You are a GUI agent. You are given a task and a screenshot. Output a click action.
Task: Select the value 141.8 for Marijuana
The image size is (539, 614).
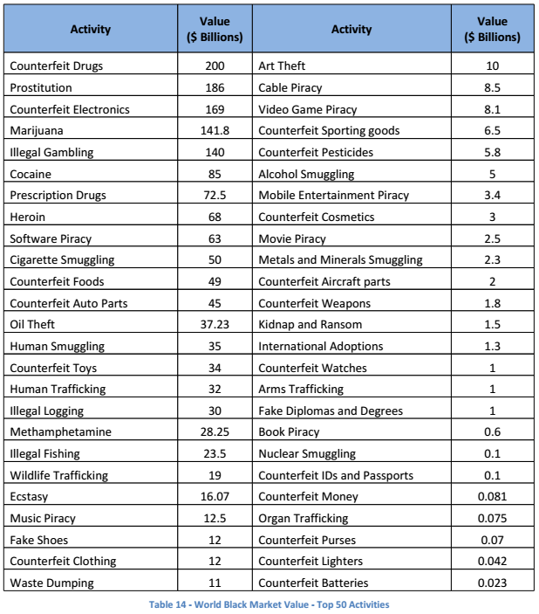coord(215,131)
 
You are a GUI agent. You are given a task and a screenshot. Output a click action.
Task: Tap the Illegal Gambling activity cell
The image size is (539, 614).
coord(51,152)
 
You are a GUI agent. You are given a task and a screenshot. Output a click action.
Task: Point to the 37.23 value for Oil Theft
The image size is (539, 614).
coord(215,325)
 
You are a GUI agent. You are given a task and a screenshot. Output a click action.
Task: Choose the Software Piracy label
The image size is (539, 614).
coord(51,238)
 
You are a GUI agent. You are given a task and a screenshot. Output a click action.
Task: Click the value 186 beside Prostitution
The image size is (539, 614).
coord(215,88)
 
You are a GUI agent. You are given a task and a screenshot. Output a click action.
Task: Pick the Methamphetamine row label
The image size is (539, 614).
coord(60,432)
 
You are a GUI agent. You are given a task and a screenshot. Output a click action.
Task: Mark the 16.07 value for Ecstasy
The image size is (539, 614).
coord(215,497)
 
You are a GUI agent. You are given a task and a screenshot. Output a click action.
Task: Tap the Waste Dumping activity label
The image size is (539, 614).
coord(51,583)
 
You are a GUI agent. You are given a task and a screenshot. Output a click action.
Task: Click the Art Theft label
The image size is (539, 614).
coord(282,66)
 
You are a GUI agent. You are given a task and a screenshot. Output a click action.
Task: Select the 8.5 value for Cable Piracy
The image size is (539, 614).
coord(492,88)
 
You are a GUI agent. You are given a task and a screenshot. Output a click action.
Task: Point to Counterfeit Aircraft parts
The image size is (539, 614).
coord(324,282)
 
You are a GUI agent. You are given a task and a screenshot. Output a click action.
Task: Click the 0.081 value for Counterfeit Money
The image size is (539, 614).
coord(492,497)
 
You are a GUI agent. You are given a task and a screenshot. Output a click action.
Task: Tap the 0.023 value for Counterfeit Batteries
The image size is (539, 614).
coord(492,583)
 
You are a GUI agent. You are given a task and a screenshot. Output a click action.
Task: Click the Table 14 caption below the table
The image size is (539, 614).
coord(269,604)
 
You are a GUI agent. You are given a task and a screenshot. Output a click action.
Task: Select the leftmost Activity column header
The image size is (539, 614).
coord(91,29)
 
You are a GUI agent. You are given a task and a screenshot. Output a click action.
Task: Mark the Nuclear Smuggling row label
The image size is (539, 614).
coord(307,454)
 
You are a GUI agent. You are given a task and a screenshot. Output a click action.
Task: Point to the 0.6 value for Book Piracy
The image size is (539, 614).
coord(492,432)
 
